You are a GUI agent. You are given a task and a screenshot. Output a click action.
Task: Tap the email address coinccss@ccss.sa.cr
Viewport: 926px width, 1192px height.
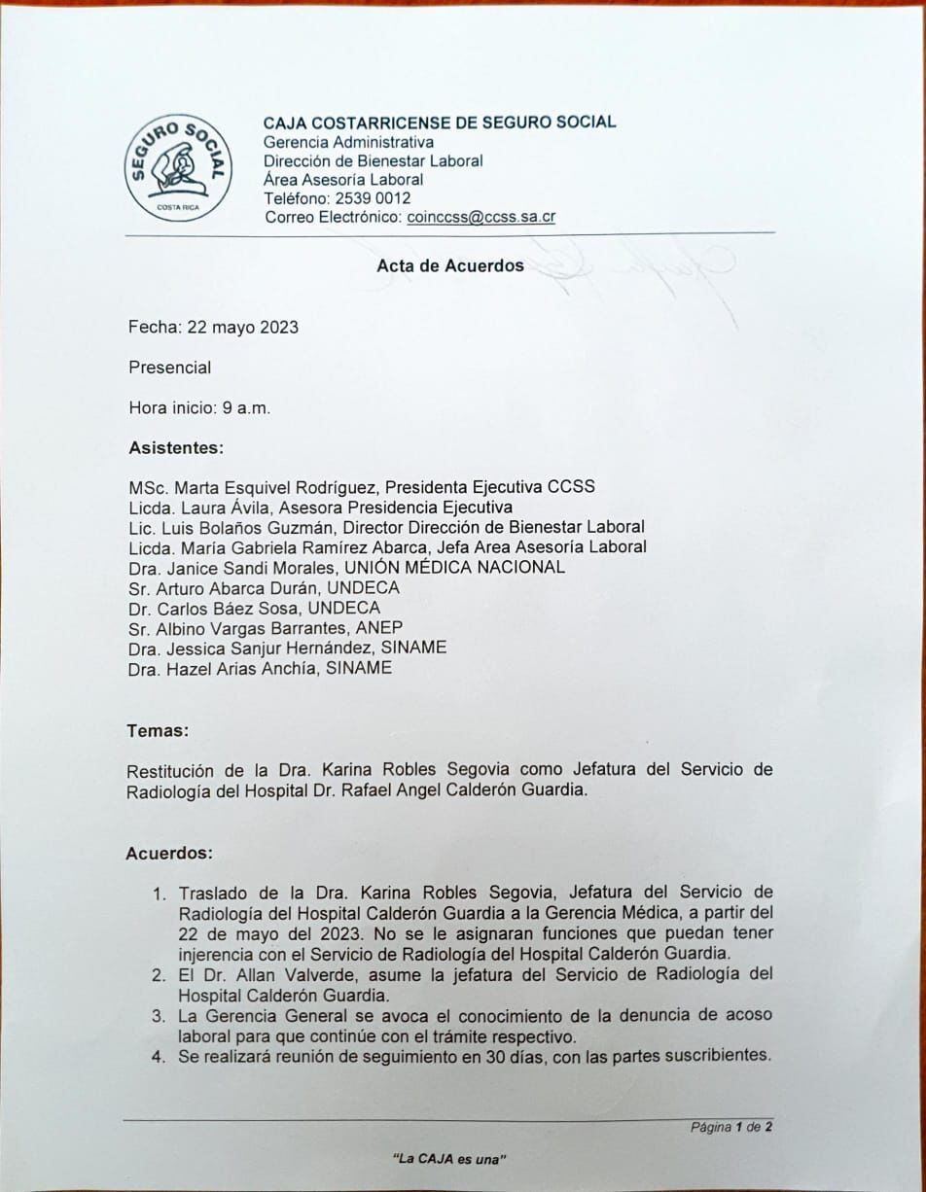[x=481, y=217]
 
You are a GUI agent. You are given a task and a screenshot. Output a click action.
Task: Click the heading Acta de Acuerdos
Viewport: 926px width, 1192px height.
[x=450, y=265]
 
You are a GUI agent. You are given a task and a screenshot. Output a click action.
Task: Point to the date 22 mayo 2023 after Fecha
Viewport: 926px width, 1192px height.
[x=241, y=328]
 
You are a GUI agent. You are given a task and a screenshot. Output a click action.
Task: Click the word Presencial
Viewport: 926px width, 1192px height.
[x=170, y=368]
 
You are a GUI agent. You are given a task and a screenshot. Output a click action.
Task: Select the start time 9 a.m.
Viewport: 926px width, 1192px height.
[x=246, y=408]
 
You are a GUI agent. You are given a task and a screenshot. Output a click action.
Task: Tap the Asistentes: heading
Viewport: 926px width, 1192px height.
[x=176, y=448]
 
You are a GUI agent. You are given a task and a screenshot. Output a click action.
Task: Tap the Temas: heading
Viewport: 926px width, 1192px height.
[x=158, y=730]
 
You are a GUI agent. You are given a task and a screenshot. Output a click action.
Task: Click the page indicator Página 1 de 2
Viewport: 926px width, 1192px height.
[x=730, y=1128]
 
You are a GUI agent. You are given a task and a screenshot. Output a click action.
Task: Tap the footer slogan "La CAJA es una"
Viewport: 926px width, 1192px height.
[x=449, y=1159]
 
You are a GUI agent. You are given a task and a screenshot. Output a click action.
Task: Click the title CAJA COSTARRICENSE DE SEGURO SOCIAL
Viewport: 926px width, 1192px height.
[x=439, y=123]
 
